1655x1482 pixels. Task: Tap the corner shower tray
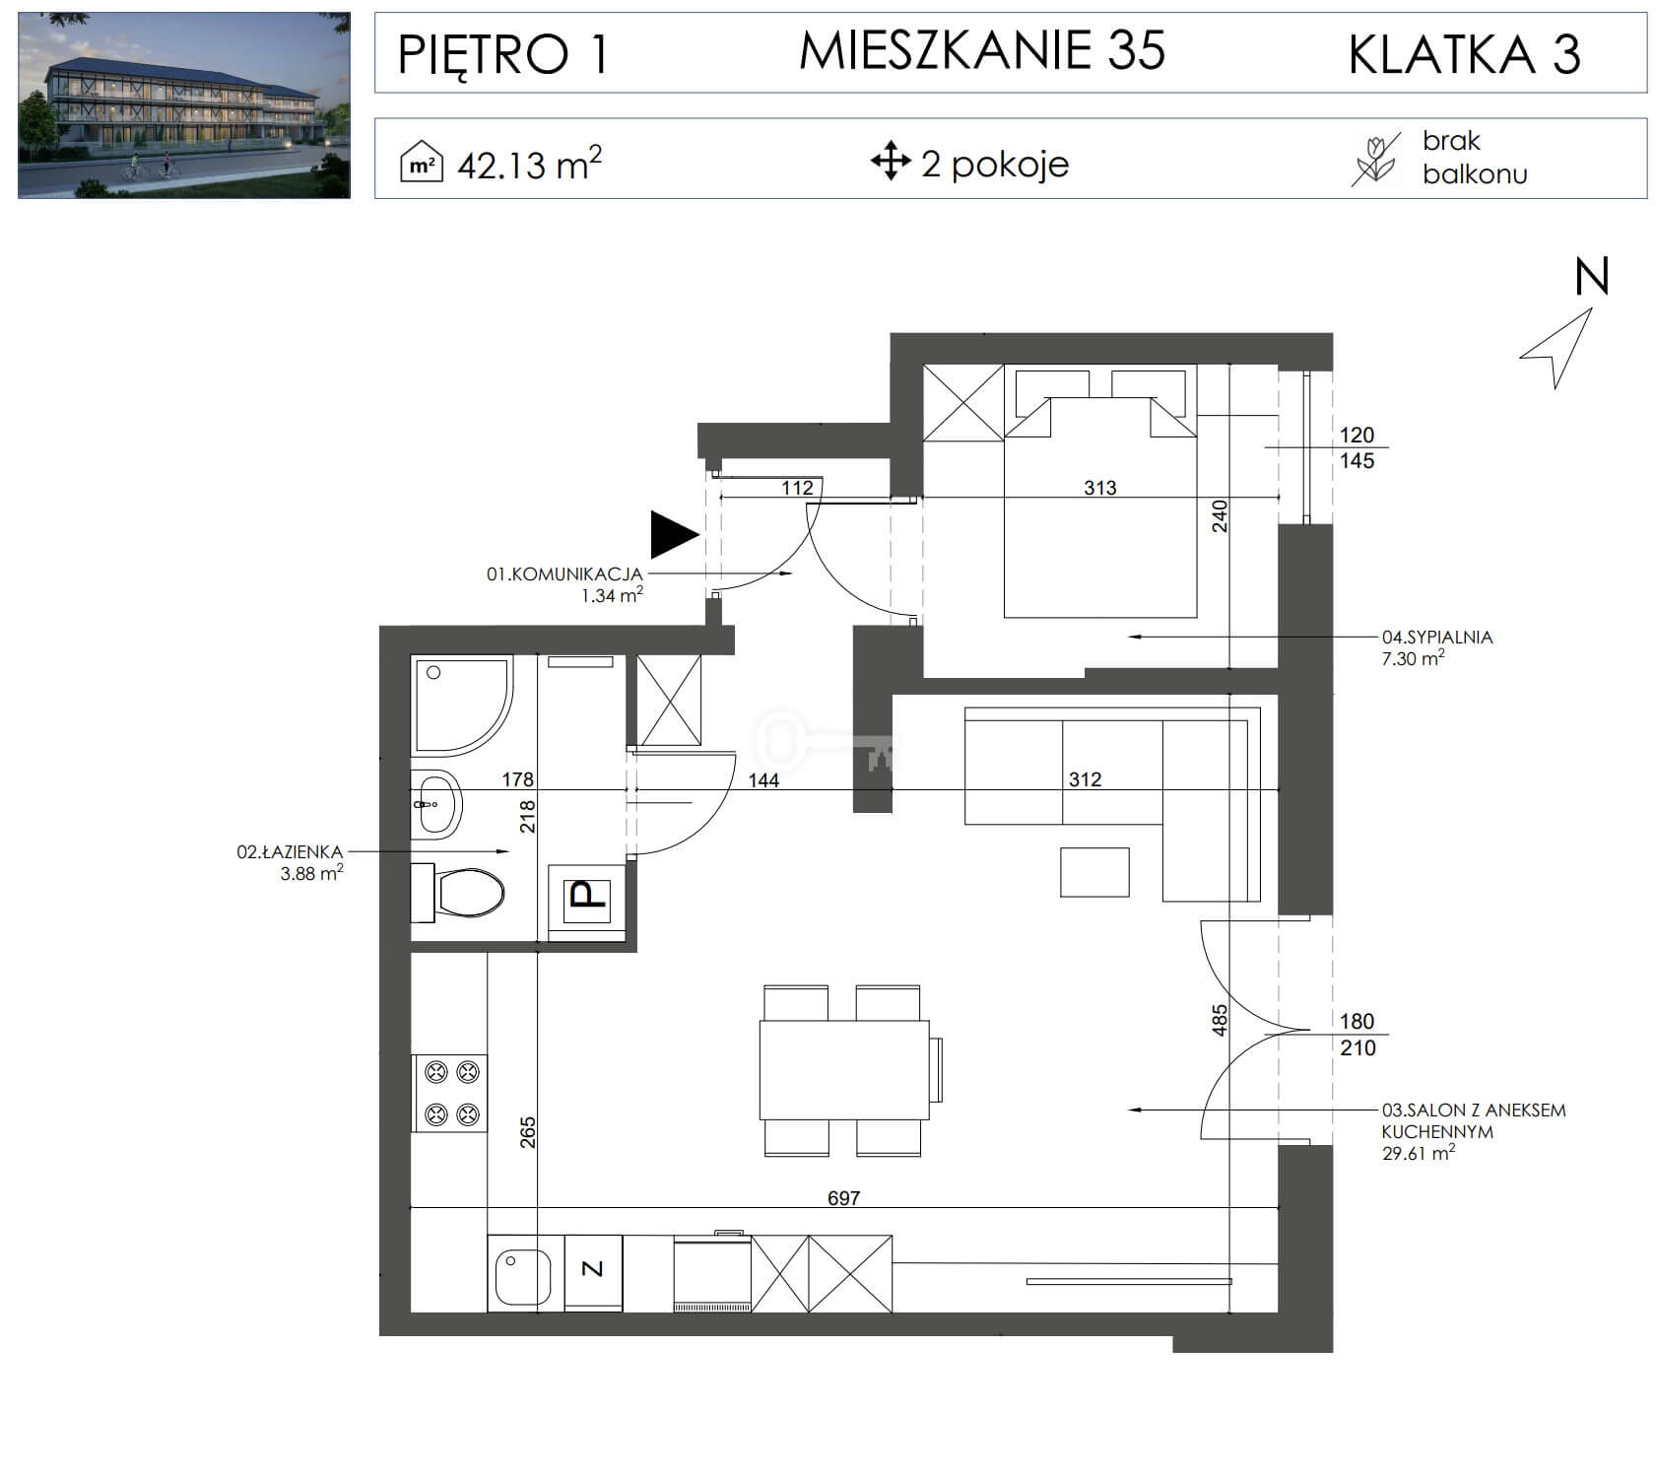[461, 707]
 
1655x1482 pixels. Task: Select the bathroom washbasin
[435, 803]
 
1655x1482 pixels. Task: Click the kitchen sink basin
[526, 1274]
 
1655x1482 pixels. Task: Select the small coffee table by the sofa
[1094, 871]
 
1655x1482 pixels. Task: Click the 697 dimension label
[843, 1198]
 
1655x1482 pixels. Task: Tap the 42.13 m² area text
[529, 164]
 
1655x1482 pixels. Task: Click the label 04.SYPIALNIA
[1437, 638]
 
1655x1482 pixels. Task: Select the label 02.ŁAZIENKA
[290, 852]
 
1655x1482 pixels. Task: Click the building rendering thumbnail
[184, 105]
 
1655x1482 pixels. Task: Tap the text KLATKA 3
[1464, 54]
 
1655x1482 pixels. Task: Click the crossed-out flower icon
[1374, 160]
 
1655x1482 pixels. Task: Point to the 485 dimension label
[1220, 1020]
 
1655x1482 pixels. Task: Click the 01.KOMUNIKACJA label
[564, 573]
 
